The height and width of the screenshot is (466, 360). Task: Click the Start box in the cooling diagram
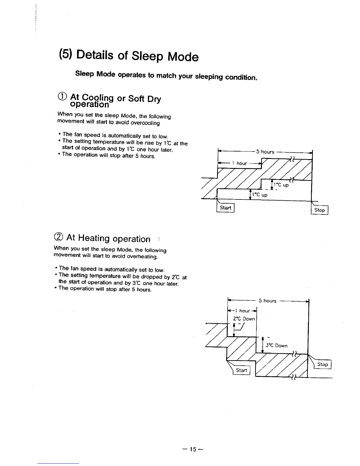pyautogui.click(x=225, y=208)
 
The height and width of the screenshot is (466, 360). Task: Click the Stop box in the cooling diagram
pyautogui.click(x=319, y=210)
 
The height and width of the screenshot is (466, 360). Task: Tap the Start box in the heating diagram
pyautogui.click(x=241, y=370)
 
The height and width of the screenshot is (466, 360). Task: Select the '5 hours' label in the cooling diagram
pyautogui.click(x=265, y=152)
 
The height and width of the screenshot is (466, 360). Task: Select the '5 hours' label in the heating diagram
pyautogui.click(x=267, y=301)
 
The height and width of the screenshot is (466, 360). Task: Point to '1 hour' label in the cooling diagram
pyautogui.click(x=239, y=163)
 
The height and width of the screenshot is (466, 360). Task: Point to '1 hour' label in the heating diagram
pyautogui.click(x=244, y=311)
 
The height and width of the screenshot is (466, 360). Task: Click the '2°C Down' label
pyautogui.click(x=244, y=319)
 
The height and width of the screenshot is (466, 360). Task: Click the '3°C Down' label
pyautogui.click(x=276, y=346)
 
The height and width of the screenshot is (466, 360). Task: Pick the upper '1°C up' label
pyautogui.click(x=281, y=185)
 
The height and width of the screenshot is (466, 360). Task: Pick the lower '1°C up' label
pyautogui.click(x=260, y=195)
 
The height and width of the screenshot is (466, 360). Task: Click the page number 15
pyautogui.click(x=193, y=449)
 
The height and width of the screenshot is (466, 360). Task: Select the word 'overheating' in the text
pyautogui.click(x=142, y=257)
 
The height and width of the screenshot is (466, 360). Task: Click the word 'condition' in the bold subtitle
pyautogui.click(x=241, y=78)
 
